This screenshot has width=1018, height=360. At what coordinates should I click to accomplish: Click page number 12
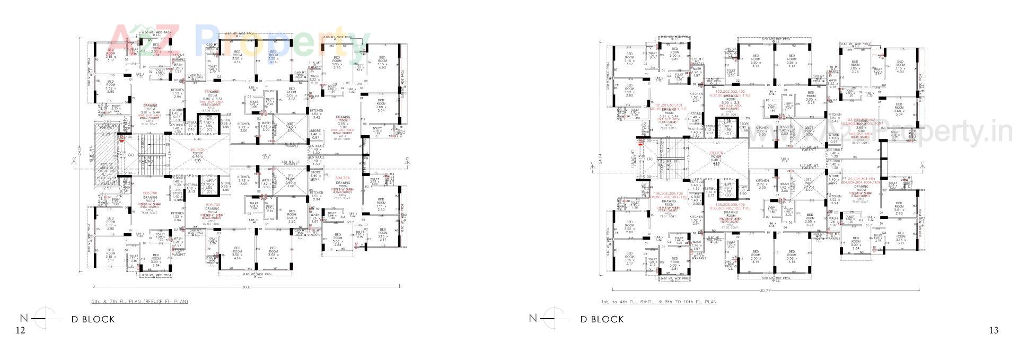click(x=20, y=330)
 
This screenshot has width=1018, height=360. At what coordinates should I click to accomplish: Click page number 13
click(x=994, y=330)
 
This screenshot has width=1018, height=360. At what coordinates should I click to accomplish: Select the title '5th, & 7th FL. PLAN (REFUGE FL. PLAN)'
click(x=139, y=301)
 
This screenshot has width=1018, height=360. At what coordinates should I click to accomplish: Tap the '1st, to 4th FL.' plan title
click(x=658, y=302)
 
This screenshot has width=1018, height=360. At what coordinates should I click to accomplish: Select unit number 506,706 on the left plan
click(x=150, y=192)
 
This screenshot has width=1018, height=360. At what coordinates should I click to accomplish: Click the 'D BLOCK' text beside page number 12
click(x=93, y=319)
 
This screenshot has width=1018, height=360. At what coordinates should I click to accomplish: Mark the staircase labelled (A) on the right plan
click(x=651, y=159)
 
